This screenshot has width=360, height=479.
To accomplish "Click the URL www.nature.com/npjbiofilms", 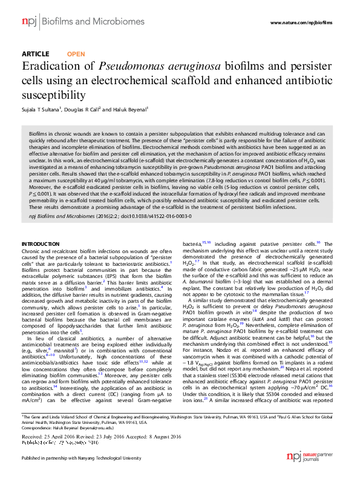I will [304, 23].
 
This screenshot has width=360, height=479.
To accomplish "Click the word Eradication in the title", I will [51, 67].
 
